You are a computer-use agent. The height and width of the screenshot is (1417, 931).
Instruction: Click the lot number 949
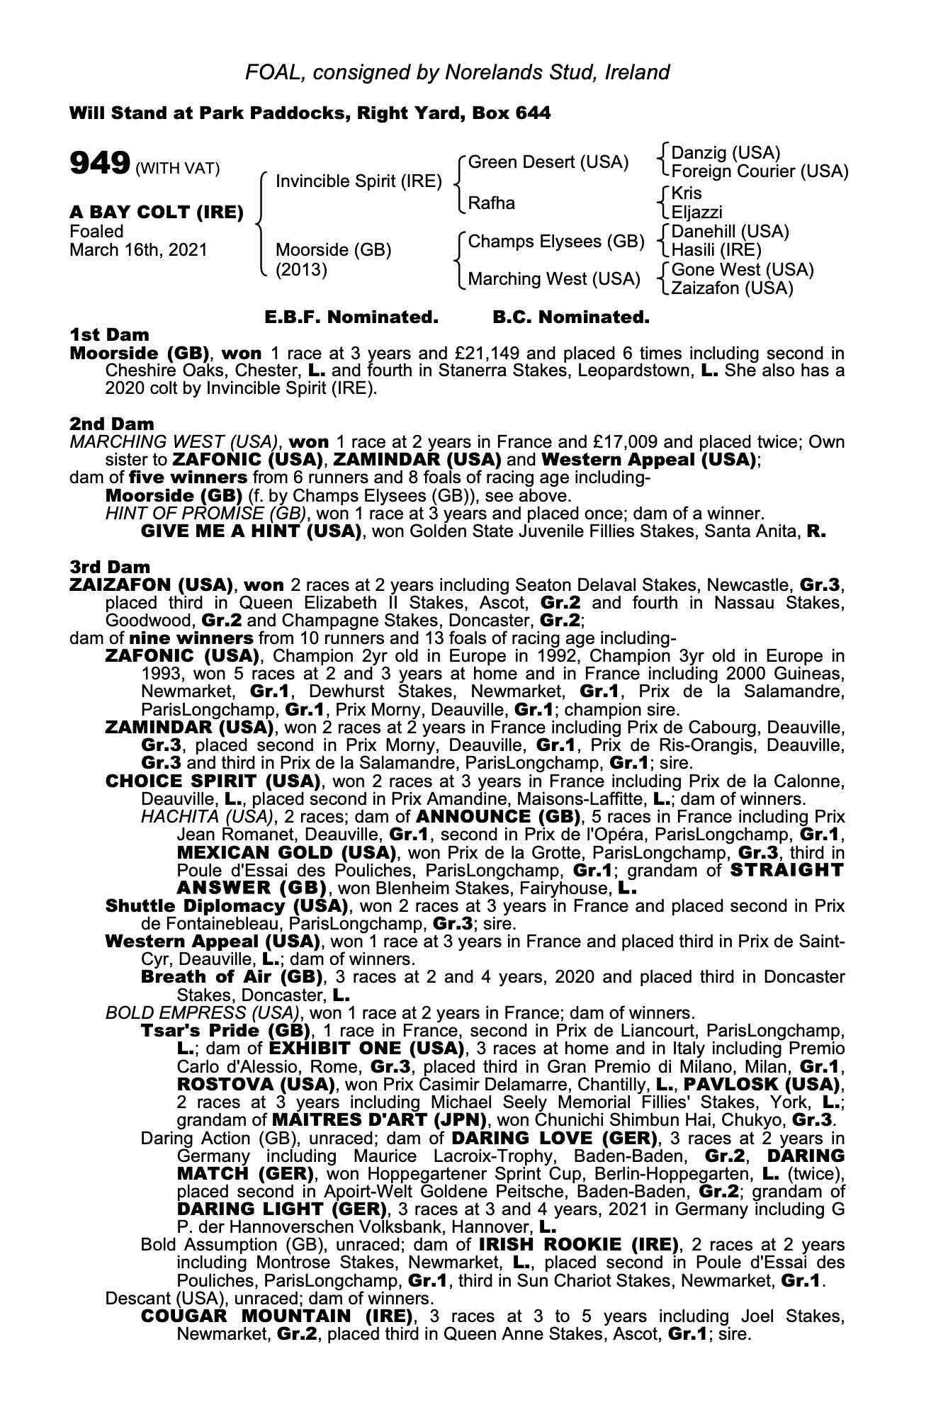(99, 164)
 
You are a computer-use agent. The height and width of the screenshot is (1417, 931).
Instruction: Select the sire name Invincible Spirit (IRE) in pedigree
(359, 181)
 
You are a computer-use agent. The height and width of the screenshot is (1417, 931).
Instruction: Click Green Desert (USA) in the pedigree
(548, 163)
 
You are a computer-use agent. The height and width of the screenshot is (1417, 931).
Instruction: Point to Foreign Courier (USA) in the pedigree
(760, 171)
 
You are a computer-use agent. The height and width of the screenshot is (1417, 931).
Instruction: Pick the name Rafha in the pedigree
(492, 203)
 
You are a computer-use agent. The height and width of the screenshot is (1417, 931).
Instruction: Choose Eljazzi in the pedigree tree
(697, 212)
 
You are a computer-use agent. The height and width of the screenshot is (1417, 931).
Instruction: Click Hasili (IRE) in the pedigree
(716, 250)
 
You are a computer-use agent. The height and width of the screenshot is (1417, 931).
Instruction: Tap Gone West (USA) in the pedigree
(743, 270)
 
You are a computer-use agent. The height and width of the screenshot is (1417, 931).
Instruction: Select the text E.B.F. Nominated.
(351, 317)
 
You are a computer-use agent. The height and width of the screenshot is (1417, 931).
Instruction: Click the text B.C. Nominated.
(570, 317)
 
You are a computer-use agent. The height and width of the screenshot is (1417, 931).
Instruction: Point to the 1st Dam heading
(110, 334)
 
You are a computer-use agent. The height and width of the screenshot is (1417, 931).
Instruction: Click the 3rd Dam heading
(110, 567)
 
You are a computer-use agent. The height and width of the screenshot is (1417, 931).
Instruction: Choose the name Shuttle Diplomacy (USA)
(226, 906)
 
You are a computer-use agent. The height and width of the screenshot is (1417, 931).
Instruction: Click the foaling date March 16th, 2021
(138, 250)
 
